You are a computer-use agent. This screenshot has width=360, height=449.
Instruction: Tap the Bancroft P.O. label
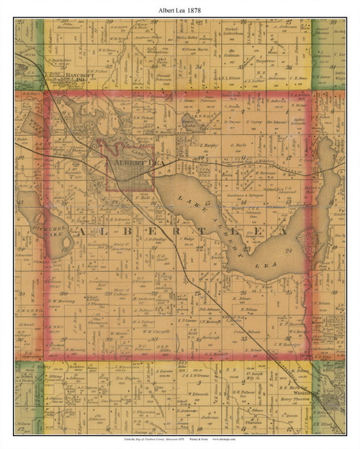pos(75,74)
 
